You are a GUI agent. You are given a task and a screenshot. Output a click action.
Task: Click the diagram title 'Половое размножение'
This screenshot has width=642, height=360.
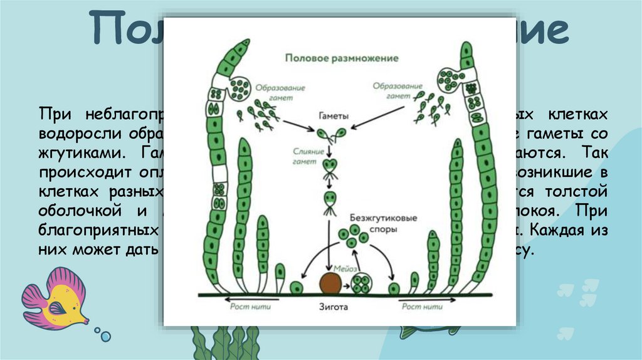coord(342,58)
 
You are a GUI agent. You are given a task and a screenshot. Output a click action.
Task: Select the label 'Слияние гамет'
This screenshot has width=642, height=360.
coord(308,156)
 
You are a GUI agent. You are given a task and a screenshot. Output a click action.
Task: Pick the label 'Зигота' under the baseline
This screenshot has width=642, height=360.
coord(332,307)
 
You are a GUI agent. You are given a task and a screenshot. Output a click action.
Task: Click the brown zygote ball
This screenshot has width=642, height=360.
coord(330,283)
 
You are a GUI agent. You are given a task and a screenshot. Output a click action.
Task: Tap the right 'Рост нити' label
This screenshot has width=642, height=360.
coord(419,307)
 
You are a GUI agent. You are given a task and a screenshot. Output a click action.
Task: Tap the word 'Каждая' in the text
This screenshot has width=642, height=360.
coord(558,230)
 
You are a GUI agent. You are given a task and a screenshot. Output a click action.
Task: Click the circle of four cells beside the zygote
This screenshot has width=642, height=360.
coord(362,284)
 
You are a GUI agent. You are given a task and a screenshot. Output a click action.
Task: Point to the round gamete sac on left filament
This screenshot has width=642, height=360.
coord(239,89)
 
